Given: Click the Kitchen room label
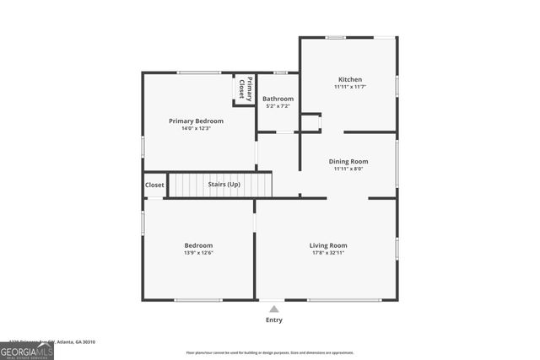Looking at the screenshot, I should (349, 79).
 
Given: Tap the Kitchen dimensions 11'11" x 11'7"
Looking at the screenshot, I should (349, 87).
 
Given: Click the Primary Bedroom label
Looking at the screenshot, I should (196, 121).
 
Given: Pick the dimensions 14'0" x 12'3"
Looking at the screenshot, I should (196, 129).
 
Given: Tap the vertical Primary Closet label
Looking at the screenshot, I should (245, 89).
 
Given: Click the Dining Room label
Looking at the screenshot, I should (348, 161).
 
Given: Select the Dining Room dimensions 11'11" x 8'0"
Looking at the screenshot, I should (348, 169).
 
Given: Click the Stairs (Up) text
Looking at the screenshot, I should (224, 184).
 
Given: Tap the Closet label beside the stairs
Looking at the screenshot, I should (154, 185).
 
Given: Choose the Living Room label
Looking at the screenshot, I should (327, 245).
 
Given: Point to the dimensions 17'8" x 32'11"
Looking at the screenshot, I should (327, 253).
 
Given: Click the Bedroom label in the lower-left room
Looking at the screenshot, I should (198, 245).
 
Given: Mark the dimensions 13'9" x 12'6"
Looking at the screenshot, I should (198, 253).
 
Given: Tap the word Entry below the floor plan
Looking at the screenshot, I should (274, 320).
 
